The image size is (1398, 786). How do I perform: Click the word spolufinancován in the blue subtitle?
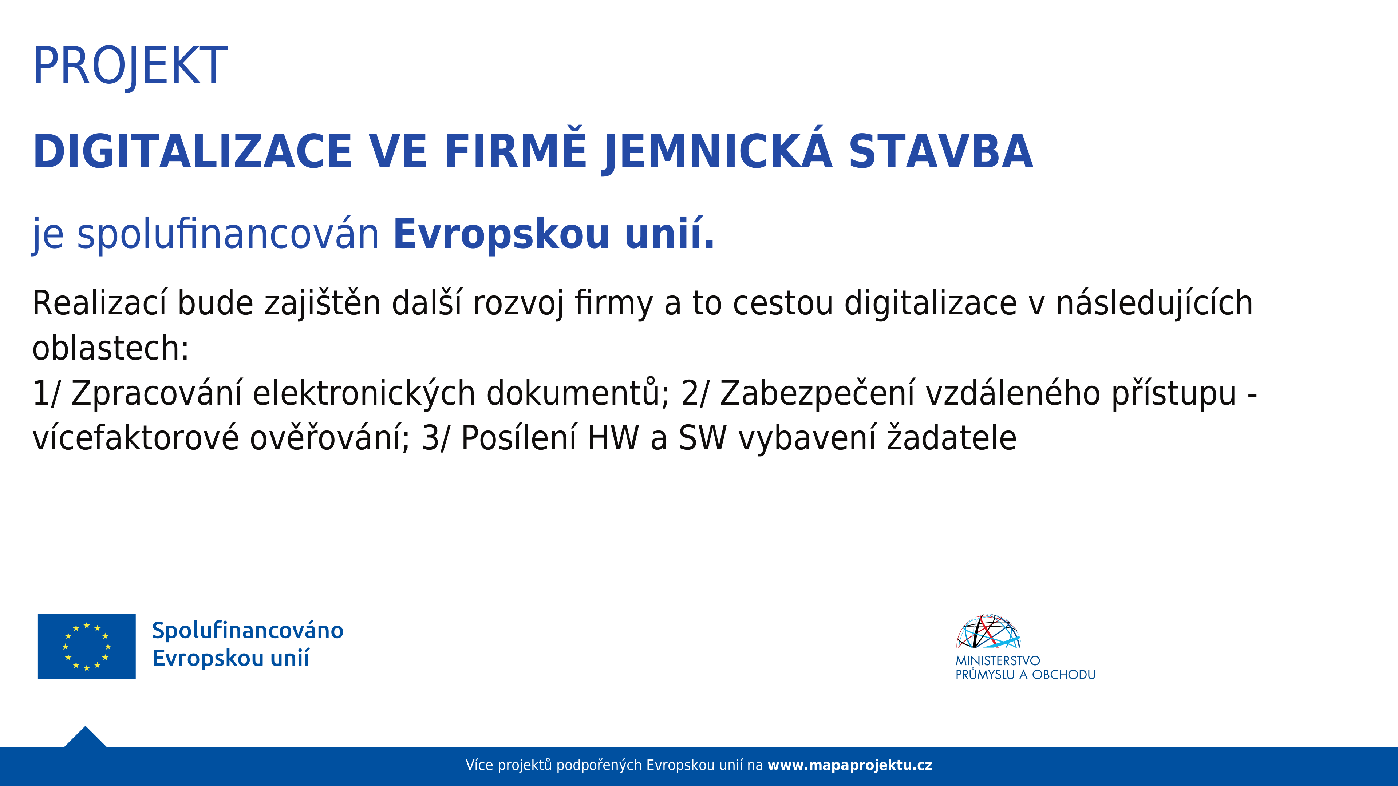click(x=228, y=234)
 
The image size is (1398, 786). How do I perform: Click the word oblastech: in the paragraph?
click(x=111, y=348)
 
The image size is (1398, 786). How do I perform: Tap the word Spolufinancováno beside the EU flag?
click(x=248, y=630)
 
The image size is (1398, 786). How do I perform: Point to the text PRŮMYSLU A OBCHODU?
click(x=1026, y=675)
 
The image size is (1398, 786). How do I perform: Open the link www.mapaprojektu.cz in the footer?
click(x=850, y=765)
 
